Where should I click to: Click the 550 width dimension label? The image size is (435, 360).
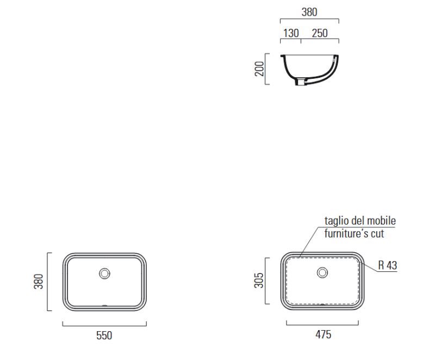pyautogui.click(x=104, y=336)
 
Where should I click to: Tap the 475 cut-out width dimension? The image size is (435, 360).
pyautogui.click(x=323, y=334)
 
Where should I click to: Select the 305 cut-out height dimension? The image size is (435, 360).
pyautogui.click(x=259, y=281)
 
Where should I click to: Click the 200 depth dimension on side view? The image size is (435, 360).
pyautogui.click(x=259, y=69)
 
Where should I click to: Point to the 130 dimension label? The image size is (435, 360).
pyautogui.click(x=291, y=33)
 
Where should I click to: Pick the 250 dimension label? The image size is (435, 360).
pyautogui.click(x=320, y=33)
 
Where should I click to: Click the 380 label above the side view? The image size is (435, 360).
pyautogui.click(x=309, y=12)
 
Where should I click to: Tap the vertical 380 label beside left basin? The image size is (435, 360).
pyautogui.click(x=39, y=282)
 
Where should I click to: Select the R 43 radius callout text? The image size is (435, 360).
pyautogui.click(x=388, y=265)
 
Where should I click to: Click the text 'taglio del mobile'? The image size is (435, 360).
pyautogui.click(x=360, y=221)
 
